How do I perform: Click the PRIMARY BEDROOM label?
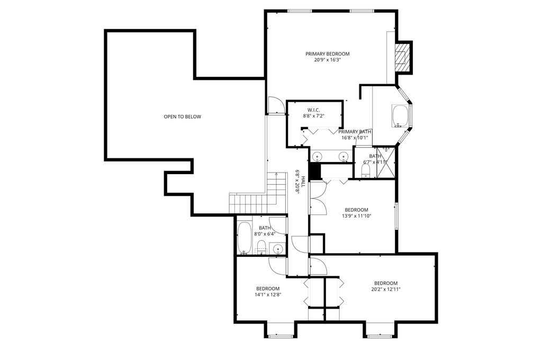tap(327, 54)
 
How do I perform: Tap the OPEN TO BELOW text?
tap(182, 117)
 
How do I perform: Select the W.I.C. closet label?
tap(313, 110)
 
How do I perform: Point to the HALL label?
tap(303, 182)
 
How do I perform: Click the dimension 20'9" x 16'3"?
tap(327, 60)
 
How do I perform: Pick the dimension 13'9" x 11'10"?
tap(356, 216)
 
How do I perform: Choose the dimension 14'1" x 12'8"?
tap(268, 295)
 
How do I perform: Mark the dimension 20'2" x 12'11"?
tap(386, 289)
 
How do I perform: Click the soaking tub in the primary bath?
tap(401, 116)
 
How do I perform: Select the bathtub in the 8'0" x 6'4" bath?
tap(245, 238)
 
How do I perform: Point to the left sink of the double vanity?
tap(318, 157)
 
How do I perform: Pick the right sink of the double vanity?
tap(343, 157)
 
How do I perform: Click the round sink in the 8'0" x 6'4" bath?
tap(278, 249)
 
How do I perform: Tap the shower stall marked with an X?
tap(386, 163)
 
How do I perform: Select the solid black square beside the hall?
tap(314, 171)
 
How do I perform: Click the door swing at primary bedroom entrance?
tap(276, 105)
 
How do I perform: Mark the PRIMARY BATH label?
tap(355, 132)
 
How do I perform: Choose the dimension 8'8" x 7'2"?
tap(313, 116)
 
